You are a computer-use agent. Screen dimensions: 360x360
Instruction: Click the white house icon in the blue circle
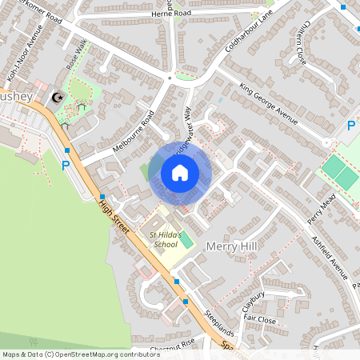click(x=180, y=172)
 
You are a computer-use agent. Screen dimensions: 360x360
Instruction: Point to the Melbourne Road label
click(x=133, y=132)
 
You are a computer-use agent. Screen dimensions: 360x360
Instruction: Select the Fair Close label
click(x=260, y=320)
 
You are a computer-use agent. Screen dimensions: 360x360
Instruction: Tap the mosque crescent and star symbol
click(x=57, y=98)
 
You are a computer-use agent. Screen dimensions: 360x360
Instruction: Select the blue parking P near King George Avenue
click(x=350, y=126)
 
